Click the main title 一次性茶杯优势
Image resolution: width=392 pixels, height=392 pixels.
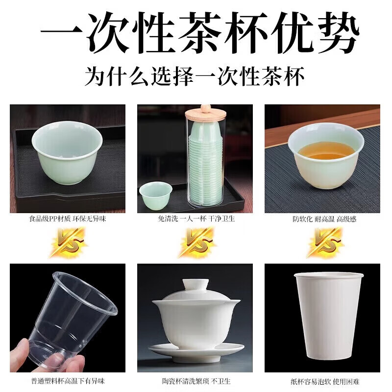[196, 33]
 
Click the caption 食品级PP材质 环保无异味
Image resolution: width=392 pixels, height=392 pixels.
[68, 219]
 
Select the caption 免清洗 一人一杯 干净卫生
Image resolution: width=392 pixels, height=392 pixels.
[196, 219]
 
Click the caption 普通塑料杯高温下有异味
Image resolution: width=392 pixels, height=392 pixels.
[68, 381]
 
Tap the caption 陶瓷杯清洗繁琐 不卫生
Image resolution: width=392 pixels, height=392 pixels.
[196, 381]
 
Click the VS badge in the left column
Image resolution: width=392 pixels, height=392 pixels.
[67, 242]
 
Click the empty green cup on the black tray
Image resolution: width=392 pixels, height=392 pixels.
[67, 152]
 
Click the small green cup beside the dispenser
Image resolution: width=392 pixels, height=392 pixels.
[156, 195]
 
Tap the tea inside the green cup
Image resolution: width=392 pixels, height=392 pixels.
[326, 150]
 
